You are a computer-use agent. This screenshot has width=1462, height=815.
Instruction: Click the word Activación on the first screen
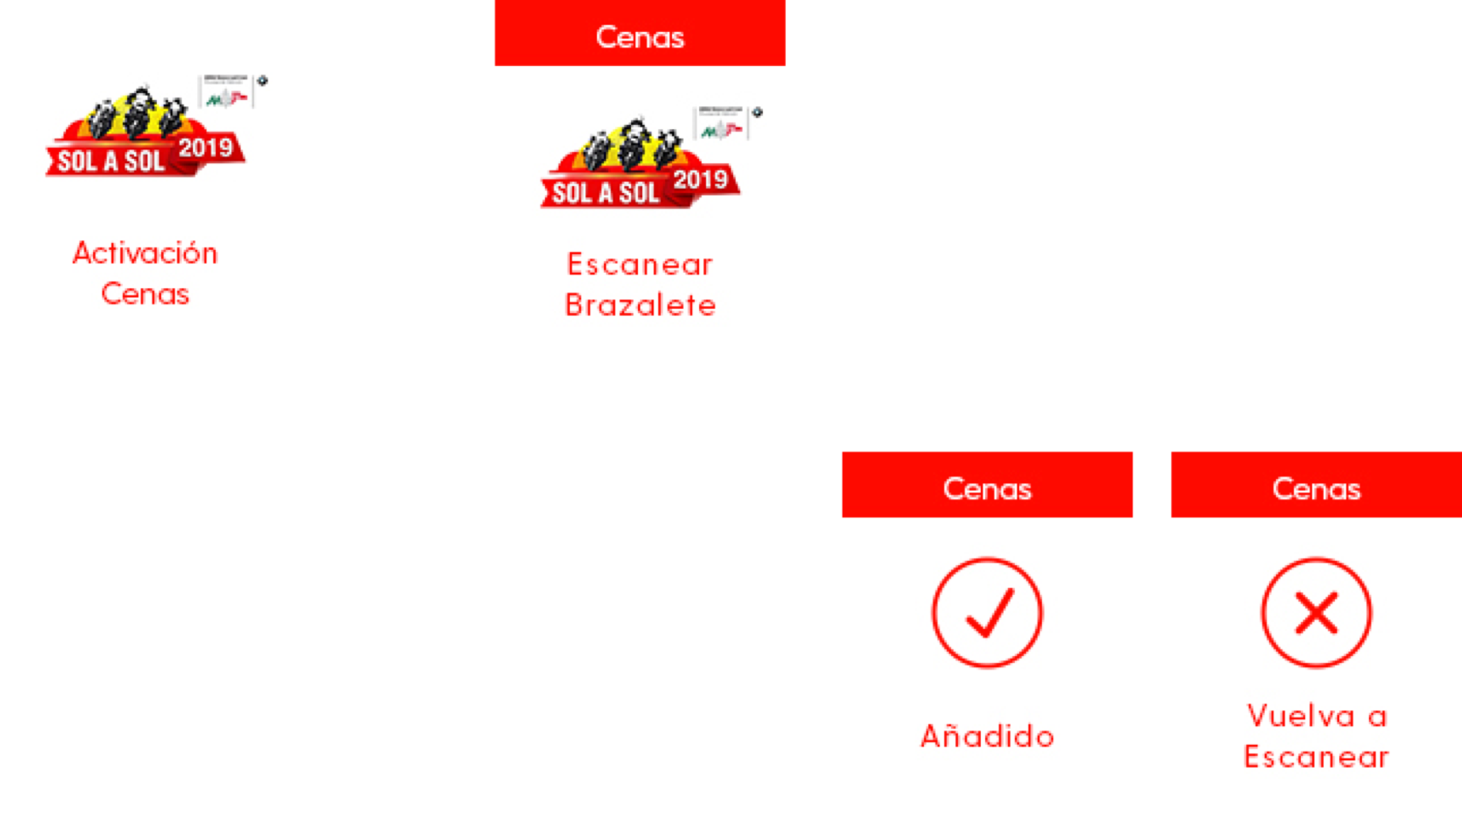tap(145, 253)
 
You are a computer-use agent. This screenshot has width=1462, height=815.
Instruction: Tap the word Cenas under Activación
tap(145, 294)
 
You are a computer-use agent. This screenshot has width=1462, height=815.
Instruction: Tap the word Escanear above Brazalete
tap(639, 265)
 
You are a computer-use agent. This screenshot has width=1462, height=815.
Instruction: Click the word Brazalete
tap(639, 305)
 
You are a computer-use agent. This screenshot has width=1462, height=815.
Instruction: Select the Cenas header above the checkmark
tap(986, 488)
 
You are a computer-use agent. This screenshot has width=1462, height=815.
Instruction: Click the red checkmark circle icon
tap(986, 613)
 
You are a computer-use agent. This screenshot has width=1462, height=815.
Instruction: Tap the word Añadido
tap(986, 735)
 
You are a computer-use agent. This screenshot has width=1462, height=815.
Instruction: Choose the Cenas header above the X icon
tap(1316, 488)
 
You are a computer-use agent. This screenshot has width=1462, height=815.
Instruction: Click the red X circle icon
tap(1316, 613)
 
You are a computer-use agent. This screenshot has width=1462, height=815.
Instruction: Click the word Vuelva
tap(1300, 716)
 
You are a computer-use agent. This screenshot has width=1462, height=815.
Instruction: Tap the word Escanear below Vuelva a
tap(1316, 757)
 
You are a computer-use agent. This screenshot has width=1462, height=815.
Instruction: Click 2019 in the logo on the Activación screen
tap(205, 148)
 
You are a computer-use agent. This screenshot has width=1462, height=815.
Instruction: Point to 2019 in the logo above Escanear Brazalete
tap(700, 180)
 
